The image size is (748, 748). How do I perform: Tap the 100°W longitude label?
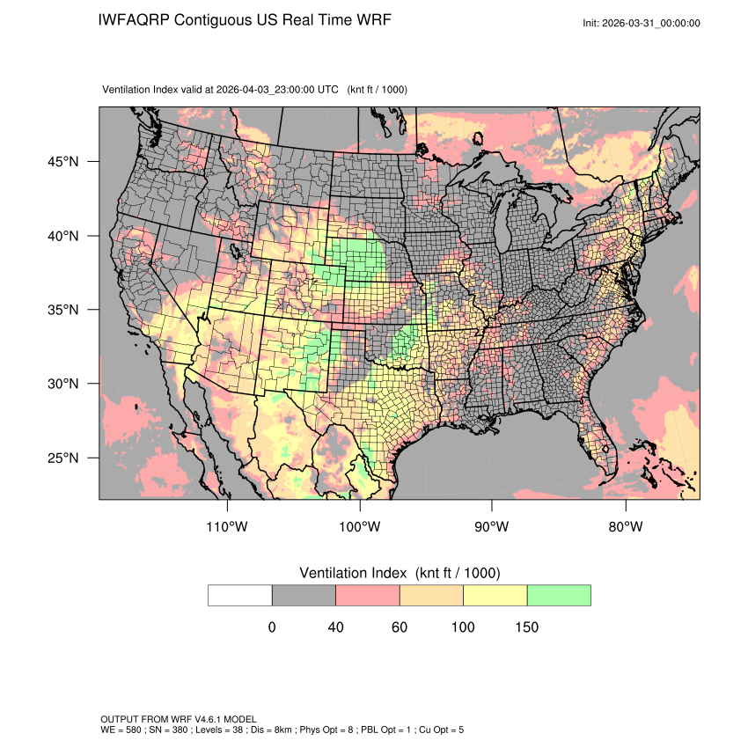click(x=360, y=527)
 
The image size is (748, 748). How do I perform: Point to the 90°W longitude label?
click(x=492, y=527)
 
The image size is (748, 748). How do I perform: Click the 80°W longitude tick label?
click(x=626, y=527)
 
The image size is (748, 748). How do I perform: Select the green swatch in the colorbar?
click(x=559, y=595)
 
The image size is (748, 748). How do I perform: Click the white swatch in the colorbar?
click(x=240, y=595)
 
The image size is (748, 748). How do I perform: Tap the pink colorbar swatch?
click(x=368, y=595)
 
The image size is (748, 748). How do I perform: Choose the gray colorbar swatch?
click(x=304, y=595)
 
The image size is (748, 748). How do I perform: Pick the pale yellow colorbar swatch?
click(x=495, y=595)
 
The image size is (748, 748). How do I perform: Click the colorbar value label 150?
click(x=527, y=627)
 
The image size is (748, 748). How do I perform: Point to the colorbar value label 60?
click(x=400, y=627)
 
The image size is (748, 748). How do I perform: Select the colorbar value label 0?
click(x=272, y=627)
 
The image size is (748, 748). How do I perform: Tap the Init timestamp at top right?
click(x=642, y=23)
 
